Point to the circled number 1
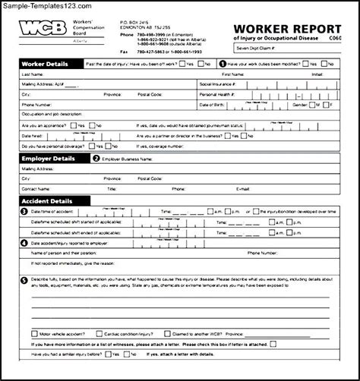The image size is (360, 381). (x=223, y=65)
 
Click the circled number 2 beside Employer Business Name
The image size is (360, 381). (x=96, y=159)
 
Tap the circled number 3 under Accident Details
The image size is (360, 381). (x=24, y=210)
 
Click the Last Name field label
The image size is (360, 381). (x=32, y=74)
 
